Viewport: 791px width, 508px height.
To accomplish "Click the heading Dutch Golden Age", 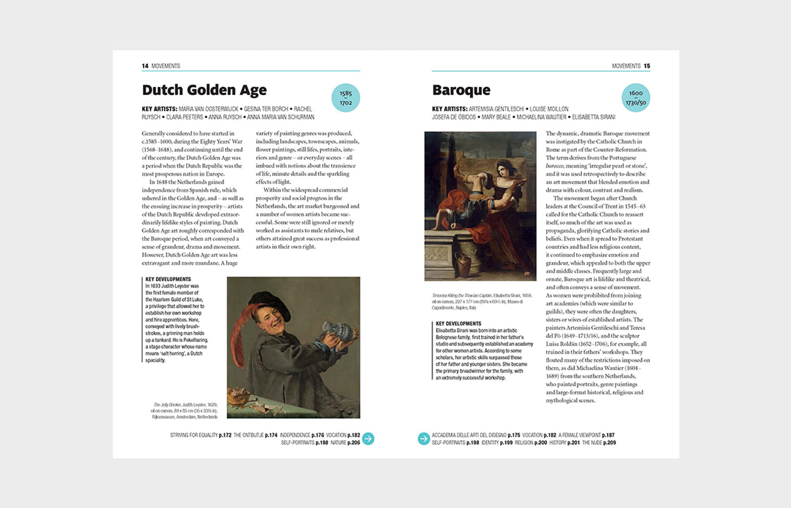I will [x=204, y=90].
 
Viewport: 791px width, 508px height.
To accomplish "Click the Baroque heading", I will [x=461, y=90].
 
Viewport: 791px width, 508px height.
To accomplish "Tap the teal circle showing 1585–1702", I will [x=345, y=98].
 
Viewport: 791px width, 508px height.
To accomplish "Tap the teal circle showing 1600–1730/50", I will [x=636, y=98].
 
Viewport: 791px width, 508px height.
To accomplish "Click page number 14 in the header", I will [x=145, y=66].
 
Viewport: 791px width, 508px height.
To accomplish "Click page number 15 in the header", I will [x=647, y=66].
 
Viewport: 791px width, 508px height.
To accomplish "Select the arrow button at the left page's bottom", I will [x=368, y=438].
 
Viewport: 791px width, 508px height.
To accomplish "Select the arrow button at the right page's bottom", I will [x=424, y=438].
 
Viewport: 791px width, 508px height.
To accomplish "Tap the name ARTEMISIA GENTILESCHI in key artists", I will [x=496, y=109].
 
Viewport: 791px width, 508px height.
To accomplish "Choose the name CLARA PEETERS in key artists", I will [x=184, y=117].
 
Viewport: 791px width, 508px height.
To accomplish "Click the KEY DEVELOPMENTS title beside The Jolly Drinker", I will [x=168, y=279].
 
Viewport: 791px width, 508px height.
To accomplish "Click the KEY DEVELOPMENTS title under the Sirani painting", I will [x=458, y=324].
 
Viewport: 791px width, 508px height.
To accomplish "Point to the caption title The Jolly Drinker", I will [x=166, y=405].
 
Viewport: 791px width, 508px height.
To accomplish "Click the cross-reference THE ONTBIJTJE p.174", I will [x=255, y=435].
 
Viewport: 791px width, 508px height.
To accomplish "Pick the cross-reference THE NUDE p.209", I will [x=599, y=442].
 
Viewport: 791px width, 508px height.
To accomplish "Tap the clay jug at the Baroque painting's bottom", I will [x=463, y=266].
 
